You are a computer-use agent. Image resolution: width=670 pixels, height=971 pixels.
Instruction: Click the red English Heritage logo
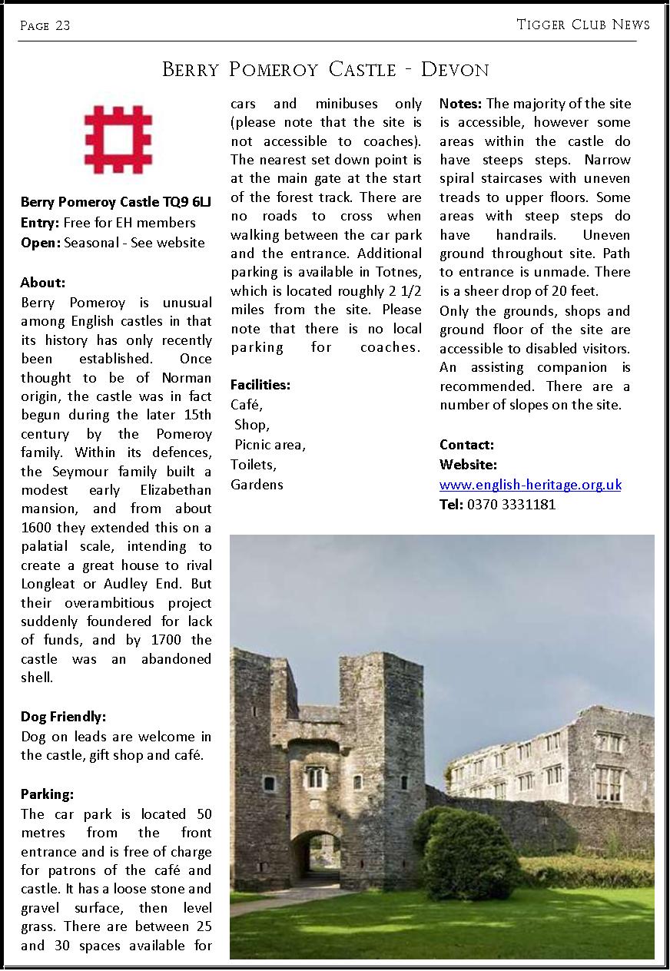(118, 140)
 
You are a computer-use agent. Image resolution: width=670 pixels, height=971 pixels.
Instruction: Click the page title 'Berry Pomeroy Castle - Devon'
(326, 70)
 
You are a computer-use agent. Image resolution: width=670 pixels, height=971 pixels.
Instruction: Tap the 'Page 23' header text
(45, 26)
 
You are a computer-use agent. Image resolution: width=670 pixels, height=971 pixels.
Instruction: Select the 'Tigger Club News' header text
(583, 25)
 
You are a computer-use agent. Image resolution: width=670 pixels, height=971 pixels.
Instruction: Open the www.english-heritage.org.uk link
(530, 485)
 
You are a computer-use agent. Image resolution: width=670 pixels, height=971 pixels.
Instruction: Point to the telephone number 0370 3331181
(511, 505)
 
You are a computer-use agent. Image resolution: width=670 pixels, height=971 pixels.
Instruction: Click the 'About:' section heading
(43, 283)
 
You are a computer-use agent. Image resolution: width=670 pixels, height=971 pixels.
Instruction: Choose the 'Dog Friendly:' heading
(63, 717)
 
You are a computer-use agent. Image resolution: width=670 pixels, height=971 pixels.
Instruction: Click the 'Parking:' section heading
(47, 794)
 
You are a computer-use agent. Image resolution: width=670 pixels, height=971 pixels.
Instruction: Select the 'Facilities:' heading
(260, 385)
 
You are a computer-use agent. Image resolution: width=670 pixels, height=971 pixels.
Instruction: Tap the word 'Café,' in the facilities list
(247, 405)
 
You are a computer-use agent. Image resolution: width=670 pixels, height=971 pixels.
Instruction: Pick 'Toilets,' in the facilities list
(254, 465)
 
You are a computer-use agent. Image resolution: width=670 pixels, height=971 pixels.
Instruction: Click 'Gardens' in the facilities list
(257, 485)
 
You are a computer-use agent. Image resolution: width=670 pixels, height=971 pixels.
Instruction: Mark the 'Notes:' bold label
(461, 104)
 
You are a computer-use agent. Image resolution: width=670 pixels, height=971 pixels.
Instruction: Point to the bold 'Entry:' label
(40, 223)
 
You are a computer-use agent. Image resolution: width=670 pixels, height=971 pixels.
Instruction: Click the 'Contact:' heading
(466, 445)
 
